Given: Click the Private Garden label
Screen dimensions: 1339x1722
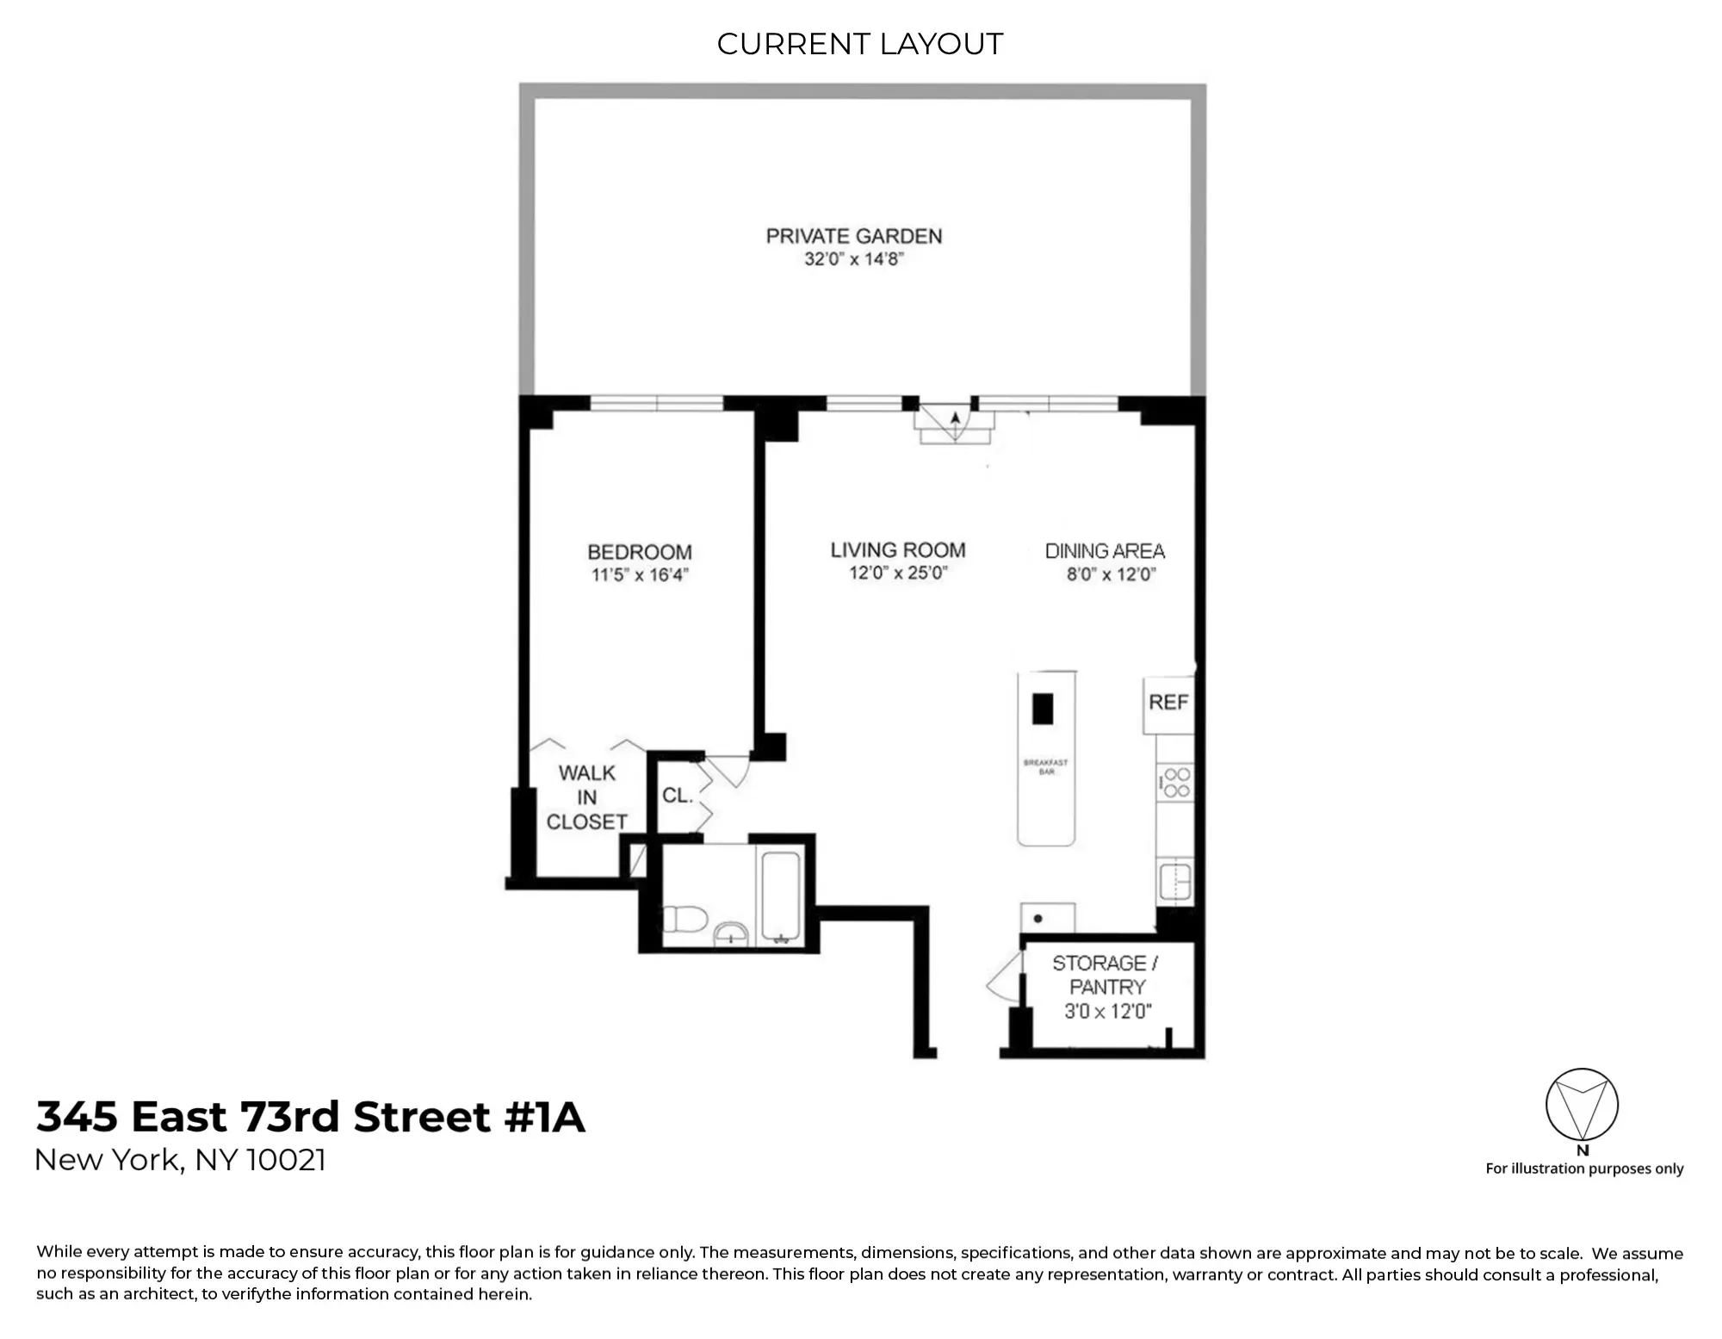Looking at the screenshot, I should point(853,236).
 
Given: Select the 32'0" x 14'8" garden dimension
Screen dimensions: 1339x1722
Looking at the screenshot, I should point(853,259).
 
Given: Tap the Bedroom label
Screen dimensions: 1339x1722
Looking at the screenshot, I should point(640,552).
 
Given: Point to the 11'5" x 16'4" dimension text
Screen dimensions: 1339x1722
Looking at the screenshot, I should point(640,575).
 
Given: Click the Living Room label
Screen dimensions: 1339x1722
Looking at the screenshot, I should point(898,550).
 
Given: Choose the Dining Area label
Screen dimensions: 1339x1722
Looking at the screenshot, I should point(1105,551).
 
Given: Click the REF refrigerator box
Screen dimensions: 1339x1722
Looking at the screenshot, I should point(1168,704).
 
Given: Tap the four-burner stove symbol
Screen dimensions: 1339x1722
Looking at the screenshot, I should point(1175,783).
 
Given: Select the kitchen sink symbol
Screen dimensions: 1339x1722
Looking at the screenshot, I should point(1175,881).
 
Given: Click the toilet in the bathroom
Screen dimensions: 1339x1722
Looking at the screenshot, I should point(684,919).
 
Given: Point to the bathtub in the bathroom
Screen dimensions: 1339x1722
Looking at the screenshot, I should point(781,896).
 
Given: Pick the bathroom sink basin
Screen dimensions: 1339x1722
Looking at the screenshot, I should point(732,933).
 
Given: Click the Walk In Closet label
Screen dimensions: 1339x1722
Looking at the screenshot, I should point(587,797).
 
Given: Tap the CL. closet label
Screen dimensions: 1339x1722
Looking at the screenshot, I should point(677,796).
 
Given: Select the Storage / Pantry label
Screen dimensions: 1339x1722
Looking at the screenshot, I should point(1106,976).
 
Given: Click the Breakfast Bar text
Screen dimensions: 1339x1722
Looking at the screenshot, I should point(1045,766).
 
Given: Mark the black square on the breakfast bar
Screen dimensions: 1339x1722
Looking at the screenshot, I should point(1043,709).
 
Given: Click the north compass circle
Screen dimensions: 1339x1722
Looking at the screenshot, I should point(1582,1105).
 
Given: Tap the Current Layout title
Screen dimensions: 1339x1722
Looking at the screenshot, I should point(860,44).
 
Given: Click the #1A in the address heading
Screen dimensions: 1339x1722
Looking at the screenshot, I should point(544,1117).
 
